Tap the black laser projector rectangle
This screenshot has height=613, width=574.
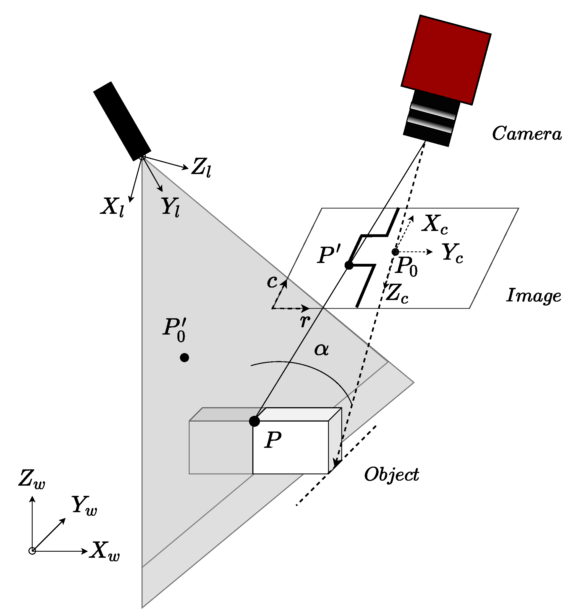pos(122,122)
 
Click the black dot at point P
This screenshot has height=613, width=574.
pos(254,421)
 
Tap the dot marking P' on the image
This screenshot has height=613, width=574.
pos(348,265)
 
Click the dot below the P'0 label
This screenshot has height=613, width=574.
pos(184,358)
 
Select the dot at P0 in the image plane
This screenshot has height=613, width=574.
pos(395,252)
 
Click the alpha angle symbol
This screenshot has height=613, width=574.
pos(321,350)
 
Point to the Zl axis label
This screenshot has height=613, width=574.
pos(201,167)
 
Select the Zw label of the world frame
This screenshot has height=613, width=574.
pos(32,480)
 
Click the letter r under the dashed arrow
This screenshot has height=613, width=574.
pos(305,321)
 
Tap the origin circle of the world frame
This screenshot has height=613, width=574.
pos(32,551)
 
